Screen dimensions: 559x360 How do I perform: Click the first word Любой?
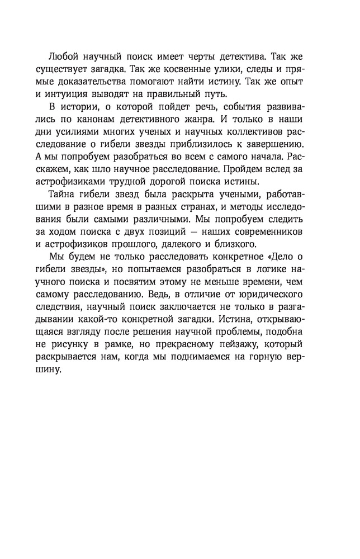[63, 56]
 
